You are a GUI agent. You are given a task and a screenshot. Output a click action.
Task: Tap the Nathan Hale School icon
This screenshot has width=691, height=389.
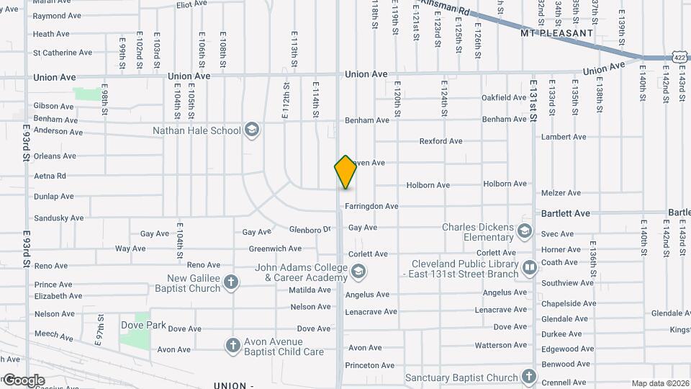(x=251, y=130)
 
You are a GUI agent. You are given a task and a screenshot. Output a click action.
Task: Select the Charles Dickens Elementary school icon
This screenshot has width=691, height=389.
(x=525, y=232)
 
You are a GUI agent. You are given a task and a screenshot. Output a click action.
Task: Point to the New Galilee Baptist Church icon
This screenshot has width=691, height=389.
(x=231, y=283)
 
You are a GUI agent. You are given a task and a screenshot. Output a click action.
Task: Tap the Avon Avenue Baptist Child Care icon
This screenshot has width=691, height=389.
(x=232, y=346)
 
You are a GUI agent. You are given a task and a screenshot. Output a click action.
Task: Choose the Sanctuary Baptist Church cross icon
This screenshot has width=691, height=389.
(x=529, y=377)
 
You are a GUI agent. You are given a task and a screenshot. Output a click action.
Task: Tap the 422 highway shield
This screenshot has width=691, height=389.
(x=680, y=57)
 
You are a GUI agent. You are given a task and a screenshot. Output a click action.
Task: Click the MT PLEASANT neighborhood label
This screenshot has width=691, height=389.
(x=557, y=33)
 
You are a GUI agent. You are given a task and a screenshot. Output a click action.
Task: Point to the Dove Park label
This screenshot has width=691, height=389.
(x=143, y=326)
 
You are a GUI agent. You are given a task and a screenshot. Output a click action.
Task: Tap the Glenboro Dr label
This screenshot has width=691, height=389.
(x=310, y=230)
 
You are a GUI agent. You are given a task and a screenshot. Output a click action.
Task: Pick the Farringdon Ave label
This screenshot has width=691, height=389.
(x=371, y=207)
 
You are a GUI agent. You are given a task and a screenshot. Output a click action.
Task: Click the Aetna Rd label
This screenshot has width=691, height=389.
(x=50, y=176)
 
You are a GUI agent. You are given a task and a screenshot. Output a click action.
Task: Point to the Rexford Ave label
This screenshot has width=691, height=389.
(x=441, y=141)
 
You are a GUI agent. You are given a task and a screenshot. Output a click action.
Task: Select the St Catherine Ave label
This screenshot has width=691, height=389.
(x=63, y=53)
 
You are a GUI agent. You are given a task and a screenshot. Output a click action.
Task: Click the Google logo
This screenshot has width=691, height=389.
(x=24, y=380)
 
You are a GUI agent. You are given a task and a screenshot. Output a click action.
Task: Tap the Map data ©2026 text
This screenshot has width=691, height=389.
(x=659, y=383)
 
